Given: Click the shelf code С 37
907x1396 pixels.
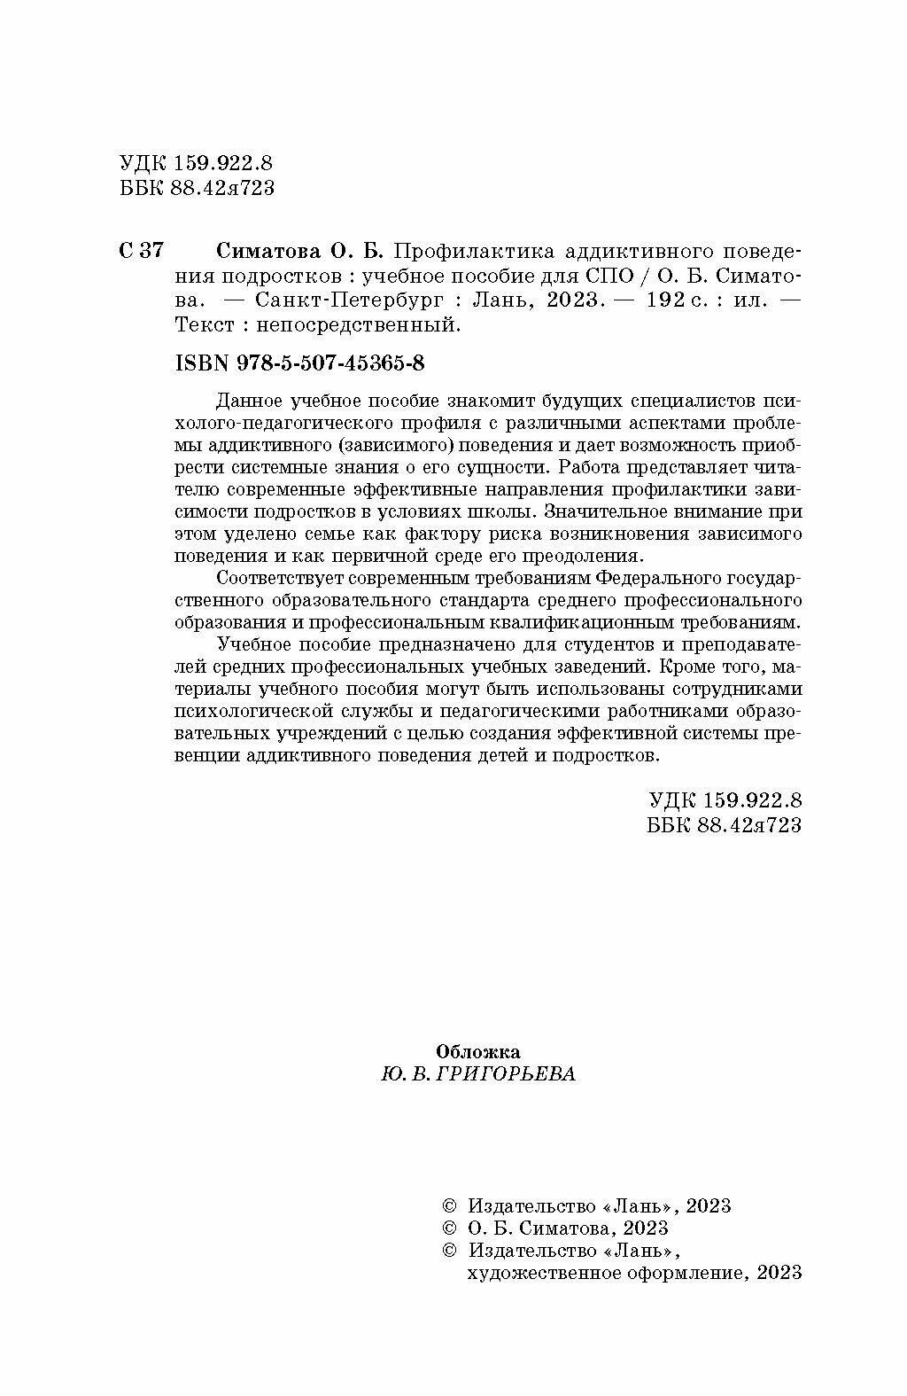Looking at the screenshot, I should (x=140, y=250).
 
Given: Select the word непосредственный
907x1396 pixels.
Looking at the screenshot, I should (x=359, y=324).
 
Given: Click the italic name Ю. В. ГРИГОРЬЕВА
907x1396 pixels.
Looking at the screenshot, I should (x=477, y=1073).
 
